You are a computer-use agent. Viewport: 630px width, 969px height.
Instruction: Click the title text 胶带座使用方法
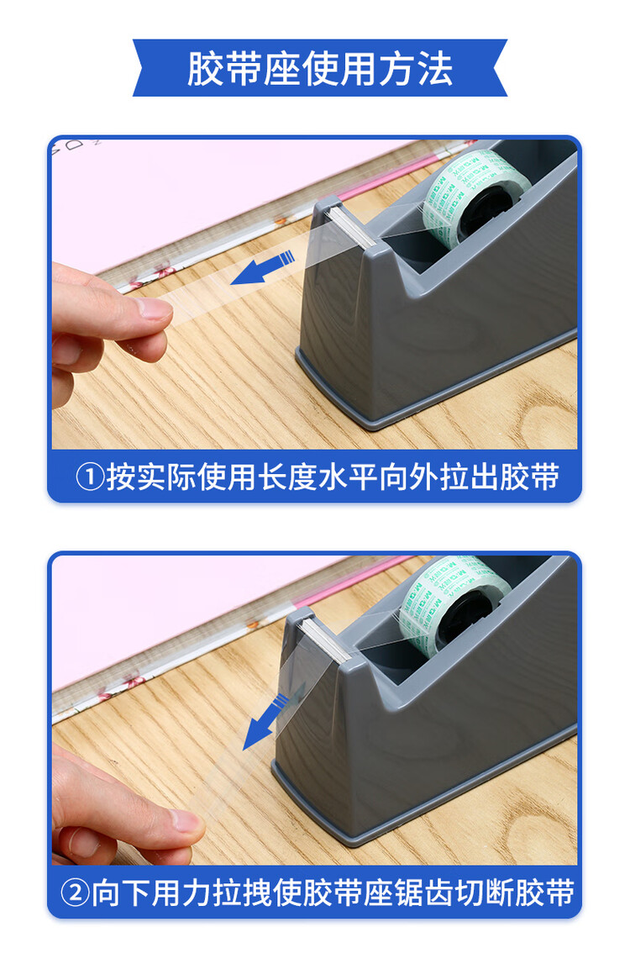(x=319, y=68)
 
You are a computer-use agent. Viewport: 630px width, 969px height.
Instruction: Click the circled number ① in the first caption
(x=90, y=477)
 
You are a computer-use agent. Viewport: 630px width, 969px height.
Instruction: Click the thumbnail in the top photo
(x=155, y=308)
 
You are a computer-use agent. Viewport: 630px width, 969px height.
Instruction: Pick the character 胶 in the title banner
(x=205, y=68)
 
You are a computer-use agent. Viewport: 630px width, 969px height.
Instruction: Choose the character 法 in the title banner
(x=434, y=68)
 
